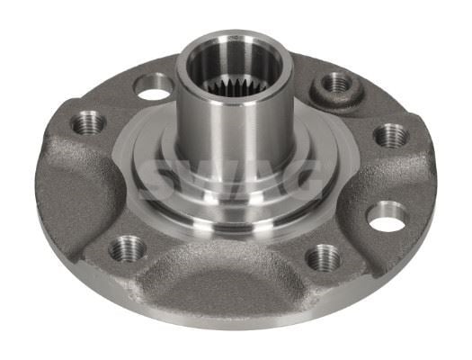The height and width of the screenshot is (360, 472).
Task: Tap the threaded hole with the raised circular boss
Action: (x=336, y=83)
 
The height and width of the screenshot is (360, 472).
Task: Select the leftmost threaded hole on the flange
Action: (x=88, y=123)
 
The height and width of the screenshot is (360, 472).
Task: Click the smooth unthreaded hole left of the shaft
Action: (x=153, y=87)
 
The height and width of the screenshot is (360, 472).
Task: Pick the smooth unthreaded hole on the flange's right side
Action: (x=387, y=216)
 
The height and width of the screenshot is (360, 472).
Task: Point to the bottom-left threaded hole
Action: (x=127, y=248)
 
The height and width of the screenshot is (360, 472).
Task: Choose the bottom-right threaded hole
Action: (x=323, y=257)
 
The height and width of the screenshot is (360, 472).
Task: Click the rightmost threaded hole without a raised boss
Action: (x=391, y=135)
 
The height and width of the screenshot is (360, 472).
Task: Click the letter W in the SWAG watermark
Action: (x=210, y=179)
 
